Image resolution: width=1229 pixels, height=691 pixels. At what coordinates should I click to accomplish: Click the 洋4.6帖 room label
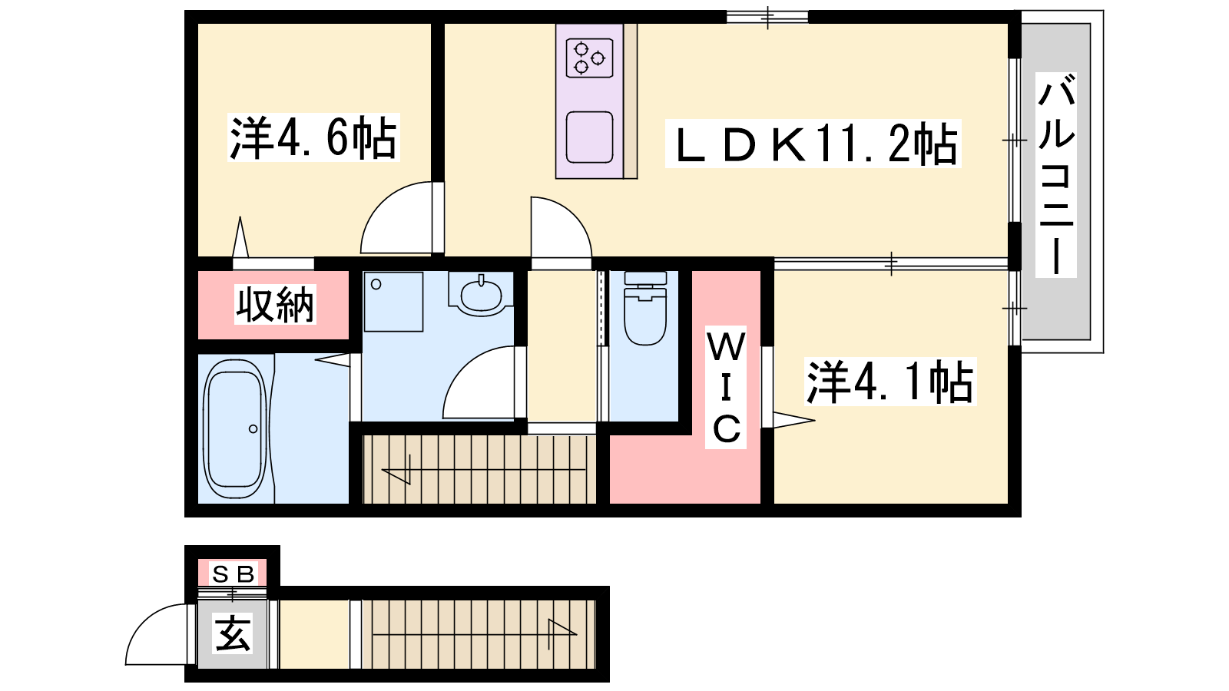click(x=313, y=137)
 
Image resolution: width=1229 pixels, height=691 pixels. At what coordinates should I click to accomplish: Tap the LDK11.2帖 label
click(x=813, y=143)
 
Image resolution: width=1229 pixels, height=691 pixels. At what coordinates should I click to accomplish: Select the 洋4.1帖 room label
click(x=890, y=382)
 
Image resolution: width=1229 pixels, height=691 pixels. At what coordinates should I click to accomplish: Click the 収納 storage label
click(x=275, y=304)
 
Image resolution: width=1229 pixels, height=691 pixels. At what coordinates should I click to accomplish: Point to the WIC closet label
click(x=726, y=388)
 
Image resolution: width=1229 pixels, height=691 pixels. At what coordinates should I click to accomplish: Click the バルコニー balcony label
click(x=1055, y=175)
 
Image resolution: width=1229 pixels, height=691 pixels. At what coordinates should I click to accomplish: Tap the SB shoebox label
click(x=234, y=574)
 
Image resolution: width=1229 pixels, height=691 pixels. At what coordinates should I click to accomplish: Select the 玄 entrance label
click(x=233, y=633)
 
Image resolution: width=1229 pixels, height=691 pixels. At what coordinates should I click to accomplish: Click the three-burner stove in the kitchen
click(x=589, y=58)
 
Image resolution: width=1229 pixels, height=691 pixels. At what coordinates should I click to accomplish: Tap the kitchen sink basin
click(x=589, y=137)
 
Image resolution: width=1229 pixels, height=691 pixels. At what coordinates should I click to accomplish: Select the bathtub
click(x=235, y=429)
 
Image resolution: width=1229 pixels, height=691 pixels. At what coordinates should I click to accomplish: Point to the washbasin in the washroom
click(x=481, y=295)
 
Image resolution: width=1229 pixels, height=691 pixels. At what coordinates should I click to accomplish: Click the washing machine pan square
click(x=393, y=302)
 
